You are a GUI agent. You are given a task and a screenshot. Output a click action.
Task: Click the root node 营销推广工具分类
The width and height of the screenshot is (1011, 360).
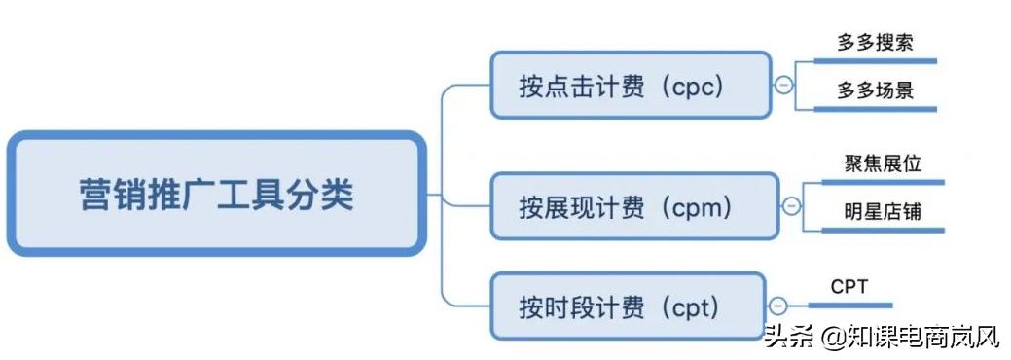coord(216,195)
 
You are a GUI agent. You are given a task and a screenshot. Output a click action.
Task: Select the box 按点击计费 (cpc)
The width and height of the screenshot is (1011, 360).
coord(630,86)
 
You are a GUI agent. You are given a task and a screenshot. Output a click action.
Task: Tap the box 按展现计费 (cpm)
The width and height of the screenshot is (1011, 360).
coord(633,206)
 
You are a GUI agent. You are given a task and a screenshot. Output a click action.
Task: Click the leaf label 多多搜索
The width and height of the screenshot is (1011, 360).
coord(875,43)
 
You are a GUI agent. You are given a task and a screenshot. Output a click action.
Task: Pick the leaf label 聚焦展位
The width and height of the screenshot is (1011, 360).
coord(883,162)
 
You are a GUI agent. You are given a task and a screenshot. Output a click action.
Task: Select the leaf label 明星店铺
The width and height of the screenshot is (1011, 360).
coord(883,210)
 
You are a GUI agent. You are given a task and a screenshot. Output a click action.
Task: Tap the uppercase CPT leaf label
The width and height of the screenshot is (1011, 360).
coord(849,286)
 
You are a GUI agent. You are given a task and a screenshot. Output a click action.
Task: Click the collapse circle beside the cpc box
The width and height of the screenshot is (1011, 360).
coord(783,86)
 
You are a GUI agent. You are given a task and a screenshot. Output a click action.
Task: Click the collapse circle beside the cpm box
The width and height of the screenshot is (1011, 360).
coord(791,206)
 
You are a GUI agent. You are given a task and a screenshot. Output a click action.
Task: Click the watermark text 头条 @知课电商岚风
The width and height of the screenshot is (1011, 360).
coord(882,338)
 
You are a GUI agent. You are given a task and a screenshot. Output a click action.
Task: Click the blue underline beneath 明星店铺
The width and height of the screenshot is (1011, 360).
coord(884,231)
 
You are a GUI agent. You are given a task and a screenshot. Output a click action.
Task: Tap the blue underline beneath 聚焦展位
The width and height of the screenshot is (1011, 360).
coord(884,182)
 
